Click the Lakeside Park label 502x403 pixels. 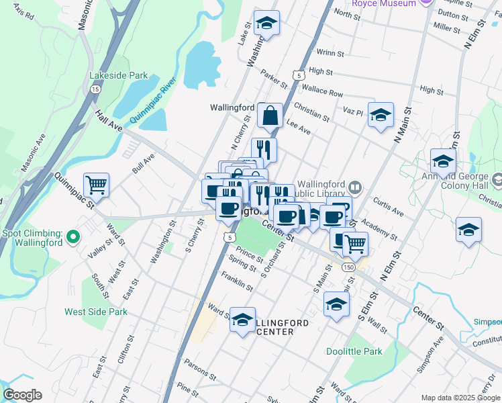tap(119, 75)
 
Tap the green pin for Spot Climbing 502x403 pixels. tap(74, 236)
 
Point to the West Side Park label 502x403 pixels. tap(96, 312)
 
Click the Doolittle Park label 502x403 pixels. tap(354, 351)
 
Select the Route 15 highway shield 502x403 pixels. tap(95, 89)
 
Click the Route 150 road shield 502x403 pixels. tap(346, 267)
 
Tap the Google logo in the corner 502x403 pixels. tap(21, 395)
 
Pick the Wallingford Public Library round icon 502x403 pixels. tap(355, 186)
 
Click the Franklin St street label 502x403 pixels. tap(236, 282)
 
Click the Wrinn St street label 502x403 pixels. tap(330, 52)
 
